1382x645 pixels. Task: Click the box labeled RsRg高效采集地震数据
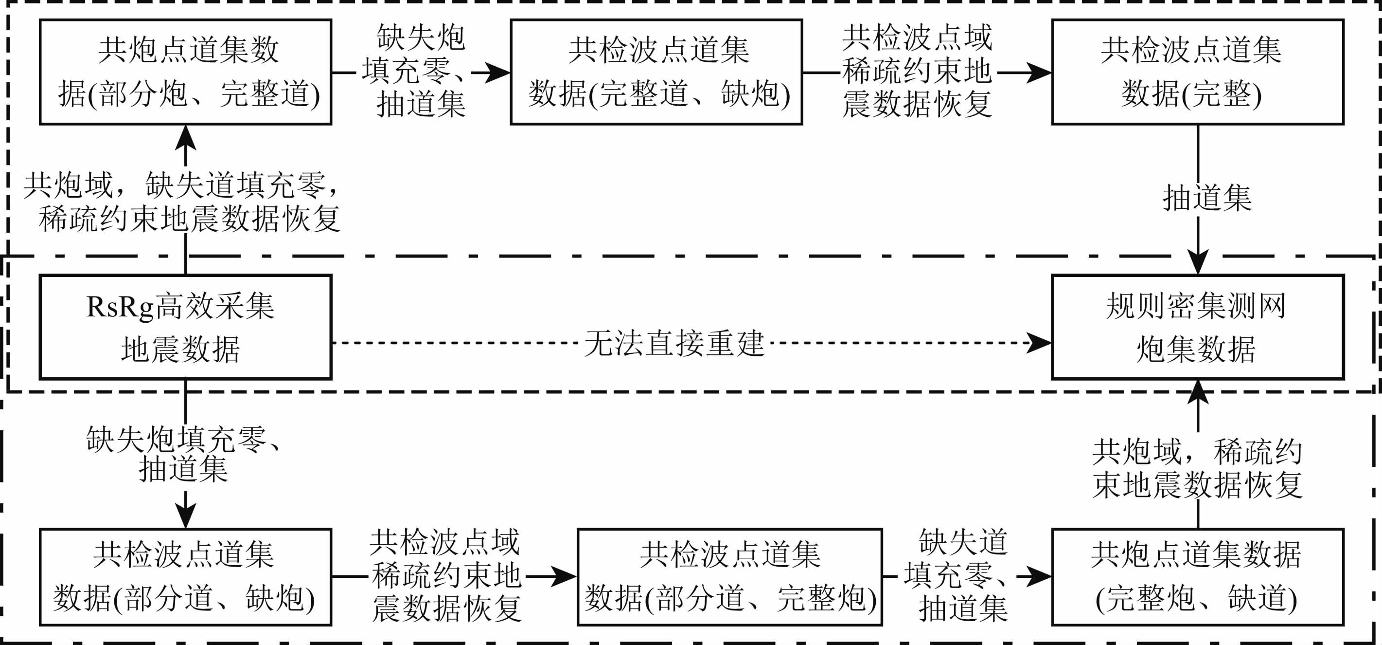[x=186, y=327]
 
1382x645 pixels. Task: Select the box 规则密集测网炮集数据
[x=1197, y=327]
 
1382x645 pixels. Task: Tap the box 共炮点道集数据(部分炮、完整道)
[x=186, y=72]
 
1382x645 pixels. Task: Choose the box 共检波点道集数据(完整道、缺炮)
[x=656, y=72]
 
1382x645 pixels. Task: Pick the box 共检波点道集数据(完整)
[x=1197, y=72]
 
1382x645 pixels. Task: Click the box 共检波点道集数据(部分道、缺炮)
[x=186, y=577]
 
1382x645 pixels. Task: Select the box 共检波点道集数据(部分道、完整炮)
[x=729, y=577]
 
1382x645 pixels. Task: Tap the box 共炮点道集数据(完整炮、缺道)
[x=1197, y=577]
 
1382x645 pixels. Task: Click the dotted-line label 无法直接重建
[x=674, y=343]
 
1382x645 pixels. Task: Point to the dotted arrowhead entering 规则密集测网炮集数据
[x=1040, y=343]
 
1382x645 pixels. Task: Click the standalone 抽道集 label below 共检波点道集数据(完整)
[x=1207, y=198]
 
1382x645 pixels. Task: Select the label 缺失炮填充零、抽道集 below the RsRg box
[x=183, y=454]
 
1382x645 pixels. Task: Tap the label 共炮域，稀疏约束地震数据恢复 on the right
[x=1197, y=468]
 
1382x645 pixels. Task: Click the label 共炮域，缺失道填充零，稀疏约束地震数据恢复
[x=182, y=202]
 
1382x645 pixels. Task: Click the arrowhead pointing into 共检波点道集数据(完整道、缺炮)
[x=498, y=72]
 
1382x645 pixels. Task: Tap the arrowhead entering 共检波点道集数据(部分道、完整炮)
[x=565, y=577]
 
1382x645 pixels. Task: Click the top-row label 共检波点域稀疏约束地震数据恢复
[x=916, y=71]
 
